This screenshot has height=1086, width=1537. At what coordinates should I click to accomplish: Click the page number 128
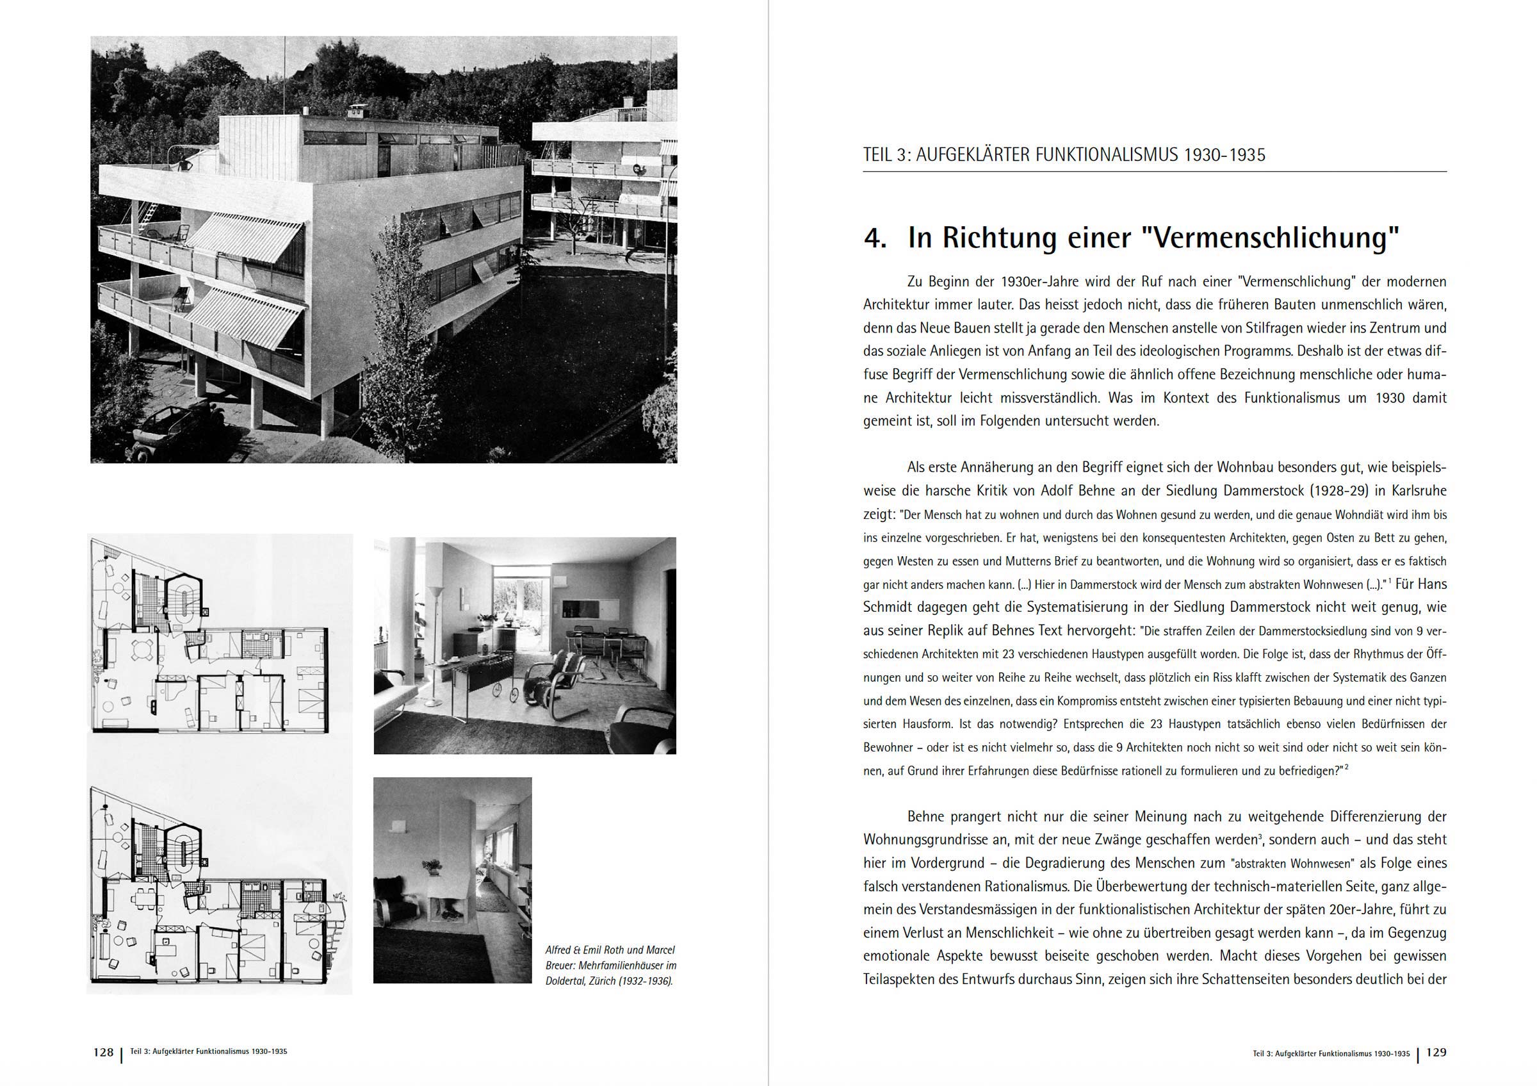(103, 1052)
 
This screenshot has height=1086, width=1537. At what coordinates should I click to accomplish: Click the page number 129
(1436, 1052)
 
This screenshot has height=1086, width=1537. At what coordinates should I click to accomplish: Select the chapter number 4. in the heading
(875, 238)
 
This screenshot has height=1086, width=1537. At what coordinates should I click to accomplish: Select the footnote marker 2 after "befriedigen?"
(1346, 768)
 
